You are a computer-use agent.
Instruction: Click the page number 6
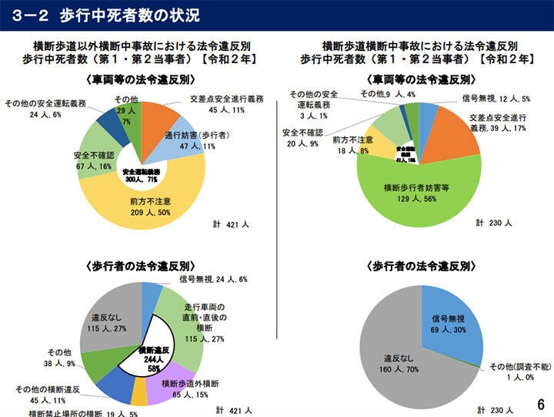[540, 404]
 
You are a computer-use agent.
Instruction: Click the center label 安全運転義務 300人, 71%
[141, 175]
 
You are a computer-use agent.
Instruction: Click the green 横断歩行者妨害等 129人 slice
[415, 192]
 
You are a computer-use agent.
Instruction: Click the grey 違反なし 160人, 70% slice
[400, 362]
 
